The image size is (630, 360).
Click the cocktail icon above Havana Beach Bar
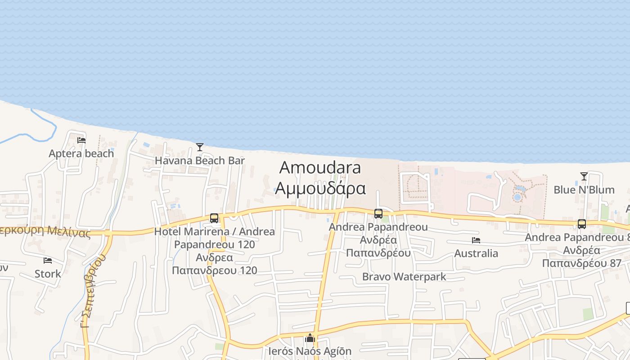[200, 147]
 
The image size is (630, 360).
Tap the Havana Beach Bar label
[200, 161]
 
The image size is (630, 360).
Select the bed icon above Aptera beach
[81, 140]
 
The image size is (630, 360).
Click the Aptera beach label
[81, 153]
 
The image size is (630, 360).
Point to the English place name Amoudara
[320, 167]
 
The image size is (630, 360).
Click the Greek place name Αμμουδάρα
[320, 188]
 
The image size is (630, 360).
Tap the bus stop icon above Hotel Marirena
[214, 218]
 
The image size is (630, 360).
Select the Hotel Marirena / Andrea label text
[214, 232]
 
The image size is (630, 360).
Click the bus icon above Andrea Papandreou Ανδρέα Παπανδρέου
[378, 214]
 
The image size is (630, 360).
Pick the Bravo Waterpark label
[404, 276]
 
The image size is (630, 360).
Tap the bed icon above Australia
[476, 240]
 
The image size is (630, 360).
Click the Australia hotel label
[476, 253]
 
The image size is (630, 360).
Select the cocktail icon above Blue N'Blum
[584, 176]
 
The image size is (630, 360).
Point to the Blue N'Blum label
[584, 190]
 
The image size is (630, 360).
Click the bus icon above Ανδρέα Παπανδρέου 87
[582, 224]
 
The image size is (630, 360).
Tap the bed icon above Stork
[48, 261]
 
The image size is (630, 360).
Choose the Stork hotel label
[48, 274]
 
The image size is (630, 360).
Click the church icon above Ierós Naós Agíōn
[310, 337]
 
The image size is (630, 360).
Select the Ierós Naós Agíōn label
[310, 351]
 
